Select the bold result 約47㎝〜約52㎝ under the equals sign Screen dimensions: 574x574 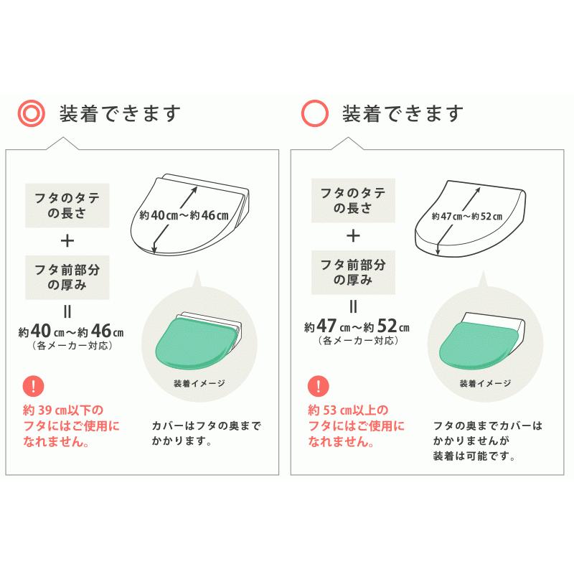coord(356,327)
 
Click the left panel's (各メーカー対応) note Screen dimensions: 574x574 coord(72,344)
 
